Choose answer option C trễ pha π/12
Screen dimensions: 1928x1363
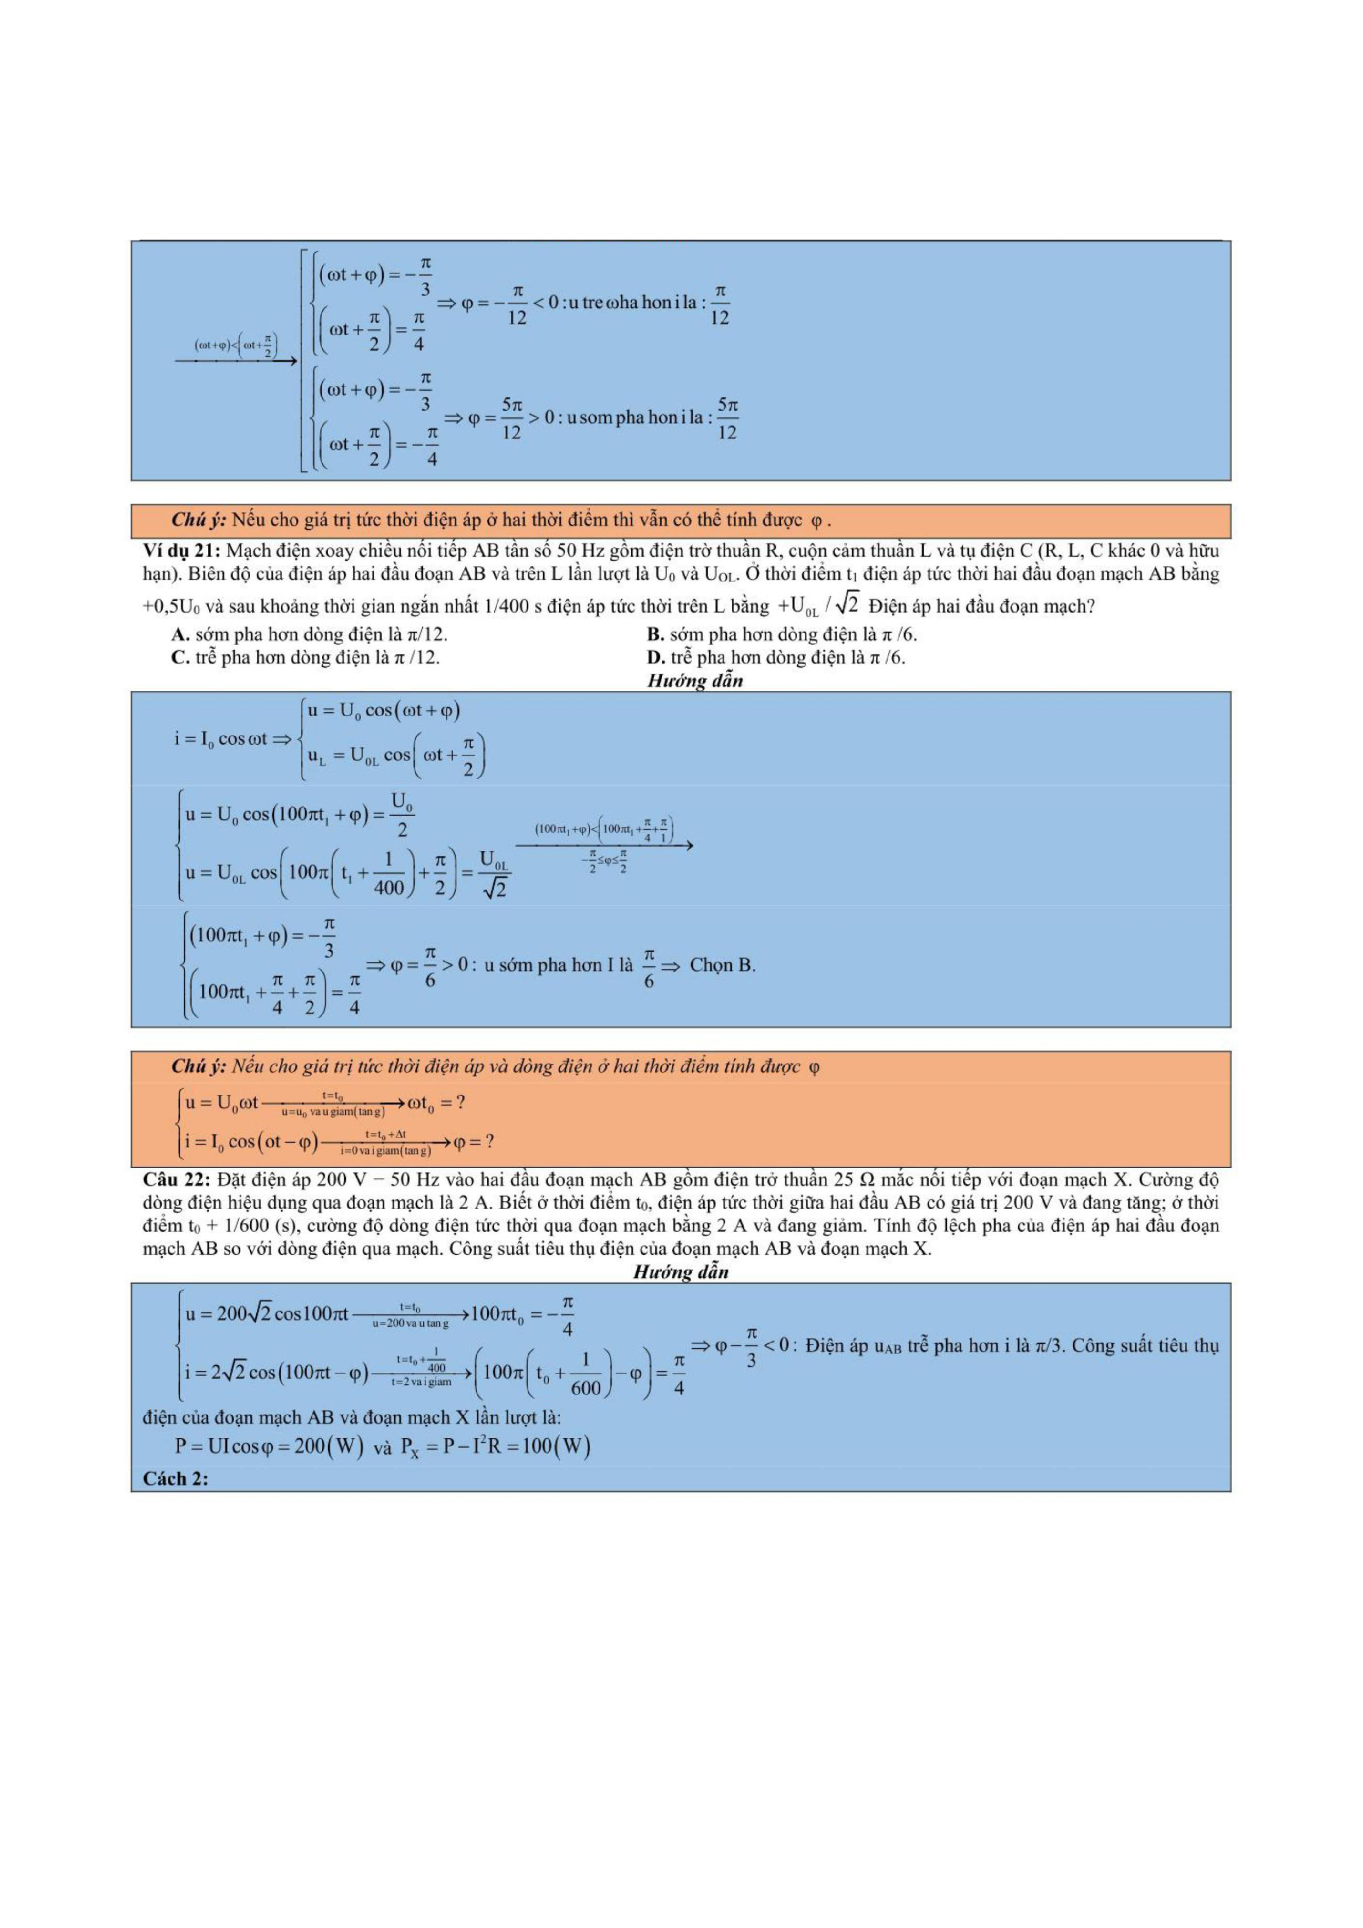(305, 657)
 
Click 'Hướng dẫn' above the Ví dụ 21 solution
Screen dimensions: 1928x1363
(694, 680)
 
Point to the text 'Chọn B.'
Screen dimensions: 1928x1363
(722, 965)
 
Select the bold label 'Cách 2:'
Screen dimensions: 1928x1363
(175, 1479)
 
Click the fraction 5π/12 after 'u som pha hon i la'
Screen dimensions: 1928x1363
(727, 418)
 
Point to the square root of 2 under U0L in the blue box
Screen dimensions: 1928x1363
(495, 888)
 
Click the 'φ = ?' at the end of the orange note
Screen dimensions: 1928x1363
(473, 1141)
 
